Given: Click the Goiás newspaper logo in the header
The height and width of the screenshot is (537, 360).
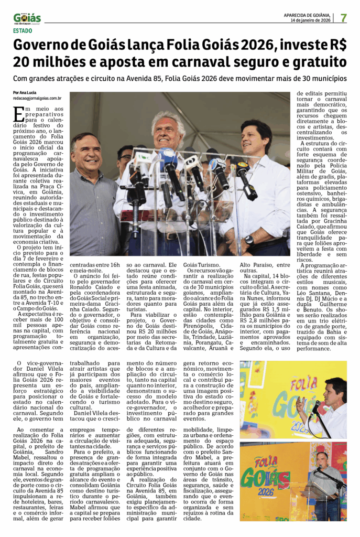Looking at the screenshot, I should [x=27, y=18].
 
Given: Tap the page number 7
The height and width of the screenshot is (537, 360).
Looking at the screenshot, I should [x=344, y=18].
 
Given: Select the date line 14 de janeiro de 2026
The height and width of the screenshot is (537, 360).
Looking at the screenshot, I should [x=311, y=20].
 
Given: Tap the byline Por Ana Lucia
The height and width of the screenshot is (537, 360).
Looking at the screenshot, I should [x=25, y=92].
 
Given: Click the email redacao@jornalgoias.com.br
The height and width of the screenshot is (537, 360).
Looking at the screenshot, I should [x=37, y=98].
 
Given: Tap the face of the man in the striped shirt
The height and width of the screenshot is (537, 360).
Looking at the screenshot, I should [x=86, y=152].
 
